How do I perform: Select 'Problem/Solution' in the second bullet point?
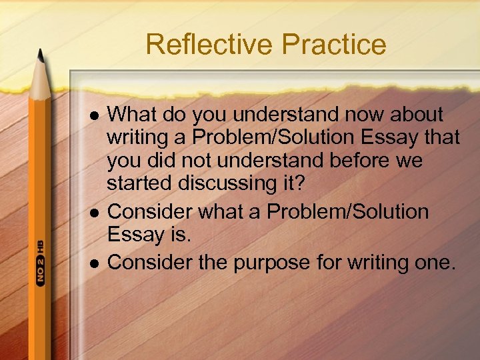(347, 213)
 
